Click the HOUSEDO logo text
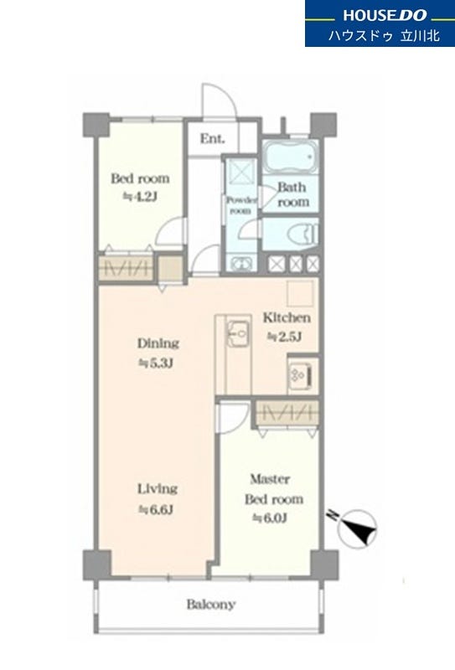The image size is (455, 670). pos(385,15)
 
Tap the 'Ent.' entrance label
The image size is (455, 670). pos(213,138)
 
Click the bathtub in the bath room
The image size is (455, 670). pos(290,157)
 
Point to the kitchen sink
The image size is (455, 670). pos(239,332)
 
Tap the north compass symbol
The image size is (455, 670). pos(356,528)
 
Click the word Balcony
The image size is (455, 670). pos(211,604)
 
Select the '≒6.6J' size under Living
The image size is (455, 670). pos(155,509)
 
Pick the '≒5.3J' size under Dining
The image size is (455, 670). pos(155,363)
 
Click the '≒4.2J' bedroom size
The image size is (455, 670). pos(140,197)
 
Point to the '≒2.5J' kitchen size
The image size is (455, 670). pos(285,337)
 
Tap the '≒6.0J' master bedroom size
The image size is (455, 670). pos(270,518)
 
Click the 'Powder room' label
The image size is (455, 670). pos(241,205)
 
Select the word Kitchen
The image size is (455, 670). pos(287,317)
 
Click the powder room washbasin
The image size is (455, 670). pos(241,263)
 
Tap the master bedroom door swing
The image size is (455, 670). pos(234,417)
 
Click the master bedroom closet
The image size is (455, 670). pos(287,413)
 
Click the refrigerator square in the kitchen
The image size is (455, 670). pos(300,294)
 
